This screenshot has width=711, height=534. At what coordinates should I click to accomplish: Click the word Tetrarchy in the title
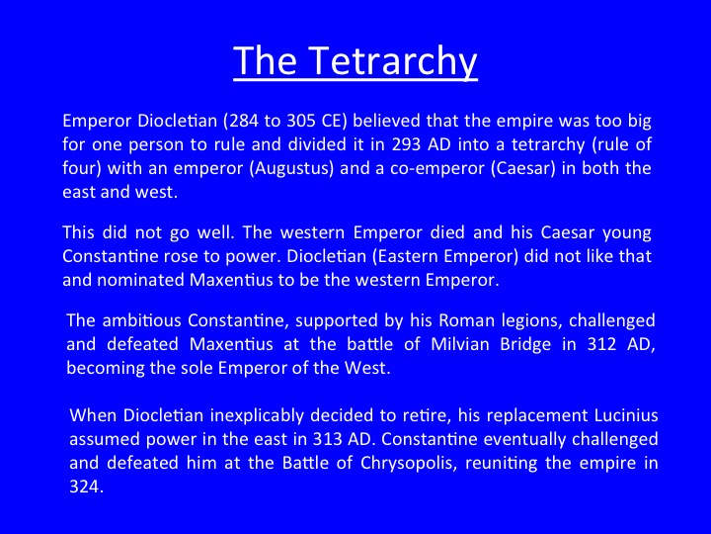[394, 61]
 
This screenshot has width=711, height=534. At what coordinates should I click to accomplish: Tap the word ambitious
[142, 320]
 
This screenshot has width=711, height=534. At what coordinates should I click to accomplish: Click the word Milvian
[460, 344]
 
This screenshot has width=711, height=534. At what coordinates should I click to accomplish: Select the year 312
[601, 344]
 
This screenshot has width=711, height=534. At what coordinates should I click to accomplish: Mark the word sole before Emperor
[197, 368]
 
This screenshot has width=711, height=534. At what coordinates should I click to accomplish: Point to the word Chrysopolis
[408, 464]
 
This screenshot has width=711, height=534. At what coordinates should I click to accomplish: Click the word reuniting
[501, 464]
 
